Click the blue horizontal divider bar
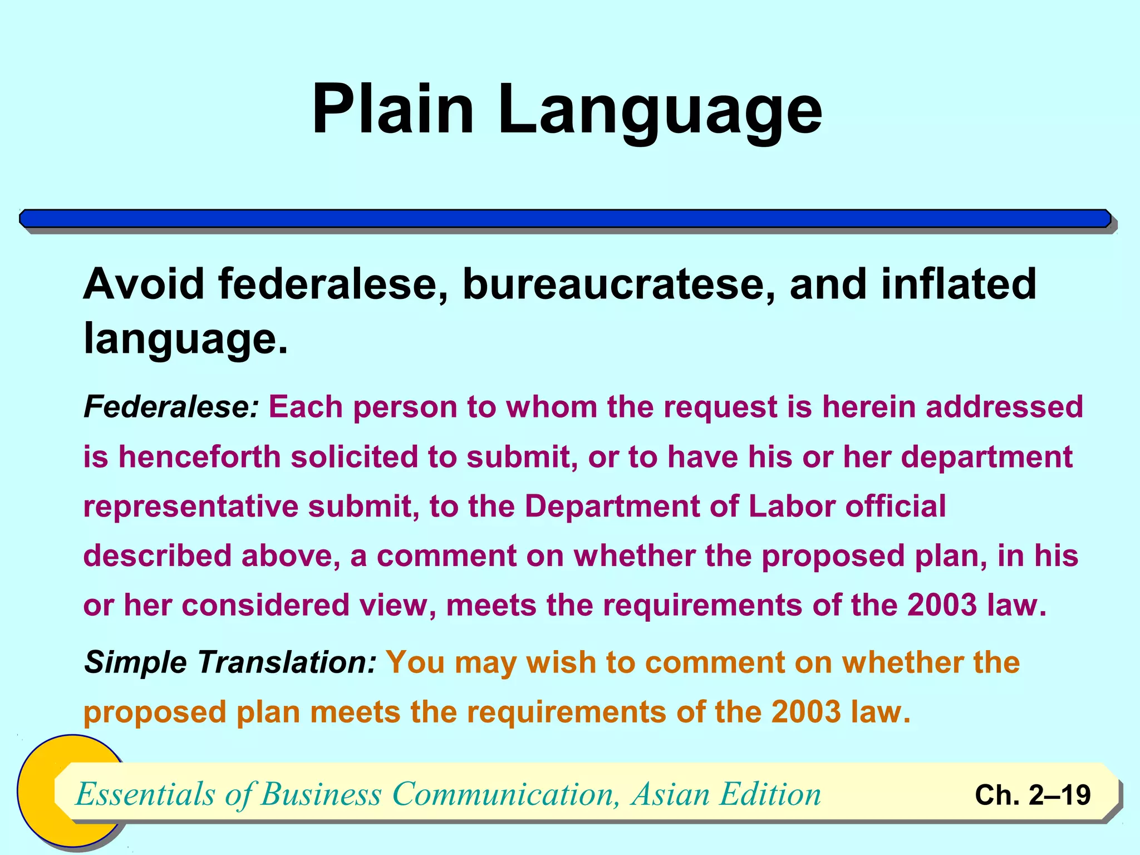tap(565, 218)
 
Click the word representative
tap(190, 507)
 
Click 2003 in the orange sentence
tap(806, 712)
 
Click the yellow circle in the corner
tap(39, 790)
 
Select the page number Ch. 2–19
tap(1033, 795)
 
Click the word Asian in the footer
tap(670, 794)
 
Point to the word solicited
tap(354, 457)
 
